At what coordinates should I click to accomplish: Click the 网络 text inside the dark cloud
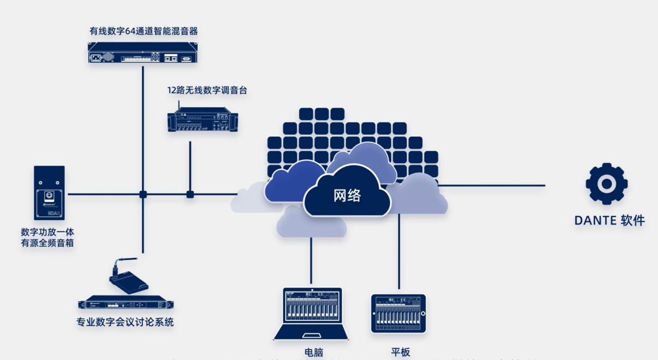tap(347, 195)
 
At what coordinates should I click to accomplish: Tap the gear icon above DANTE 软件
tap(606, 183)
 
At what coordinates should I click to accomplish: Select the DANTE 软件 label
tap(609, 221)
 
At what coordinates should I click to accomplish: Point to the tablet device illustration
tap(399, 314)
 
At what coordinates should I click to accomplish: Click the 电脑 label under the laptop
tap(313, 352)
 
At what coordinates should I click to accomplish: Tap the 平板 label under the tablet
tap(401, 352)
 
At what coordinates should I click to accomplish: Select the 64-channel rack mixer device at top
tap(142, 52)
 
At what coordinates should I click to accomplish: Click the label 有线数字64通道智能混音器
tap(144, 30)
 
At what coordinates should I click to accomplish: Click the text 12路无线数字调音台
tap(207, 90)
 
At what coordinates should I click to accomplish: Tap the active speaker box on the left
tap(49, 193)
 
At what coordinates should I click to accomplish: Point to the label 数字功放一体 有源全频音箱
tap(47, 238)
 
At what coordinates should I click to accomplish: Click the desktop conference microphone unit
tap(128, 280)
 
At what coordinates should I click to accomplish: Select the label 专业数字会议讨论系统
tap(125, 322)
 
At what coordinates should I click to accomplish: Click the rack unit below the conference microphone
tap(125, 304)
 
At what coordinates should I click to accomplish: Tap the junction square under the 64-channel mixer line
tap(143, 195)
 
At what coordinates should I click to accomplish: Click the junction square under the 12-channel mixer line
tap(190, 195)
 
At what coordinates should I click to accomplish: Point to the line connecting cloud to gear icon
tap(491, 185)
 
